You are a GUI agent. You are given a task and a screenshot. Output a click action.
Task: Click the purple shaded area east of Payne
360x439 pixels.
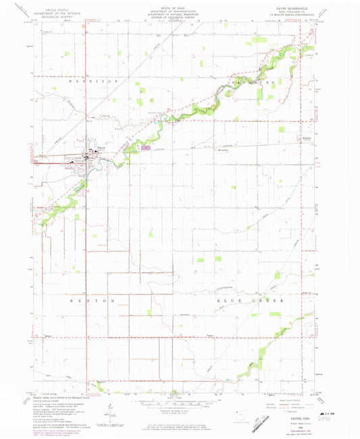point(147,147)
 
